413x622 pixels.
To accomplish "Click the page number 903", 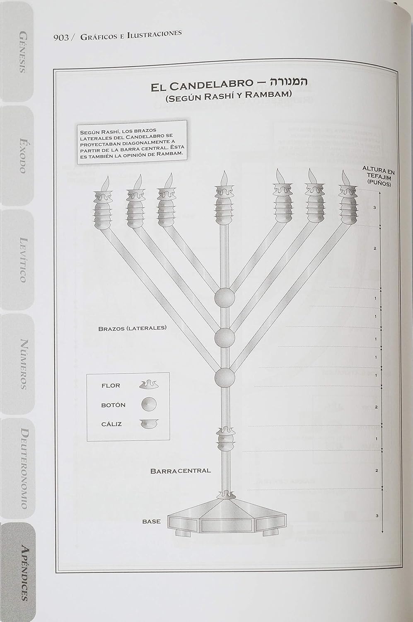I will (60, 38).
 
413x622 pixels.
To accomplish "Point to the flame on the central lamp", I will (224, 177).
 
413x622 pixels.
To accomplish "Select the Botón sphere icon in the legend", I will (149, 404).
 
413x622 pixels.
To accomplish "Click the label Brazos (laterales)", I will (132, 328).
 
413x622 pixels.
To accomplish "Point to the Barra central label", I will (180, 471).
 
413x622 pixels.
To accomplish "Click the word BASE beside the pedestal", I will (151, 521).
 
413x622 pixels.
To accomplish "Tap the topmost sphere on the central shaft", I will (225, 297).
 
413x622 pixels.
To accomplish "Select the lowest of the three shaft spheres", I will (225, 377).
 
